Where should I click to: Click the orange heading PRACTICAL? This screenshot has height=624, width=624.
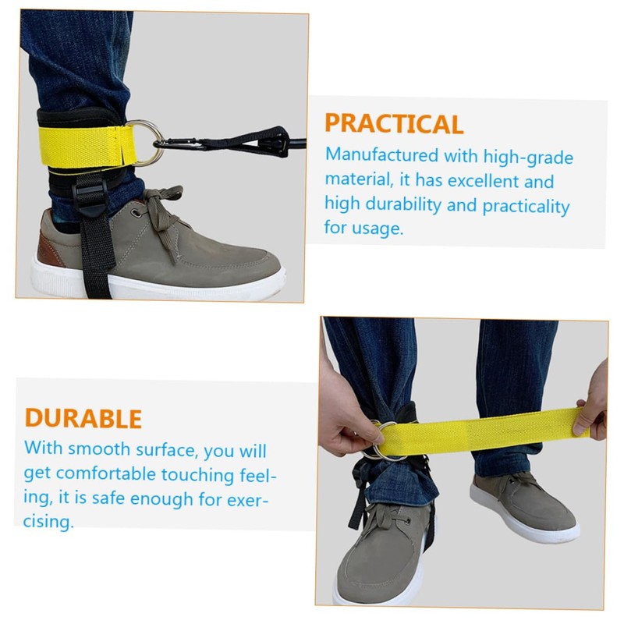(x=394, y=124)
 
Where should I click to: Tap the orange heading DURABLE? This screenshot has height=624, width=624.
(x=83, y=418)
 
